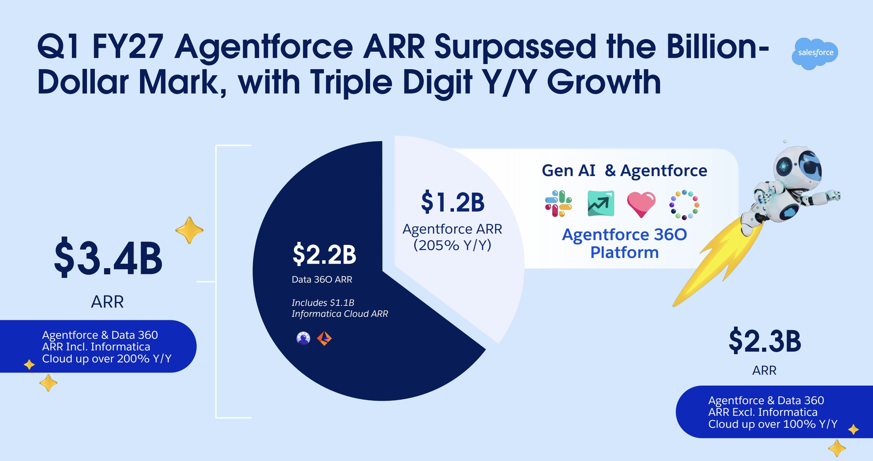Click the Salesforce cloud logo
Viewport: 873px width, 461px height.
point(815,53)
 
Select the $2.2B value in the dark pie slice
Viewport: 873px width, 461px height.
point(324,254)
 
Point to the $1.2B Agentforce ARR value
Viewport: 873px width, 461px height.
point(453,202)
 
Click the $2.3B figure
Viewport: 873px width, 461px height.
point(765,341)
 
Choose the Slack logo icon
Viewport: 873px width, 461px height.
point(558,204)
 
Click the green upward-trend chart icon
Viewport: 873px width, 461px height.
point(601,203)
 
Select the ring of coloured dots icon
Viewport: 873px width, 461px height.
point(684,204)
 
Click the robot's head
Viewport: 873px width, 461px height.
point(798,168)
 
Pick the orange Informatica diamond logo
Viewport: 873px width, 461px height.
point(324,338)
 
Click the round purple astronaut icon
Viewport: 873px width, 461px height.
point(303,338)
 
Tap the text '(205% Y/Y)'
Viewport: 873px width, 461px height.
point(452,245)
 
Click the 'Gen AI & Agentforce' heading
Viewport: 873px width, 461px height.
point(624,170)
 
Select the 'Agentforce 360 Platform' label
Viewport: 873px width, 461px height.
point(624,243)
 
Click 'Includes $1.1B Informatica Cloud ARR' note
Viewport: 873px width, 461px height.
point(340,308)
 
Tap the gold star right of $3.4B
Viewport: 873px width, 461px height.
point(189,230)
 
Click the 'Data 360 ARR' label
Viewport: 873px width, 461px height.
point(322,279)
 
